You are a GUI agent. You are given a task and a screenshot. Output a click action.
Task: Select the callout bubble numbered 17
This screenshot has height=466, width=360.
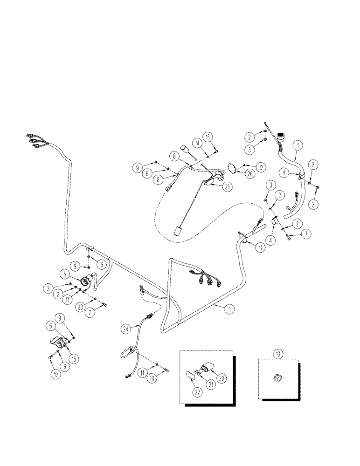click(x=70, y=299)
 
